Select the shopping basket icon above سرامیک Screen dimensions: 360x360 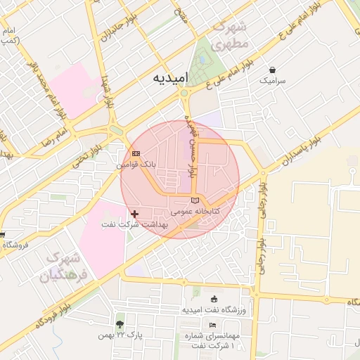(273, 70)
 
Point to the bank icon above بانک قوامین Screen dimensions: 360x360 (136, 153)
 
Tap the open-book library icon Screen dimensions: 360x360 (195, 201)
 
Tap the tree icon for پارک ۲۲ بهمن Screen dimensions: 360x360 (120, 325)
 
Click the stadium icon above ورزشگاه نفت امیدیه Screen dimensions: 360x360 (214, 299)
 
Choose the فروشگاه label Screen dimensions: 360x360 (15, 245)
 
